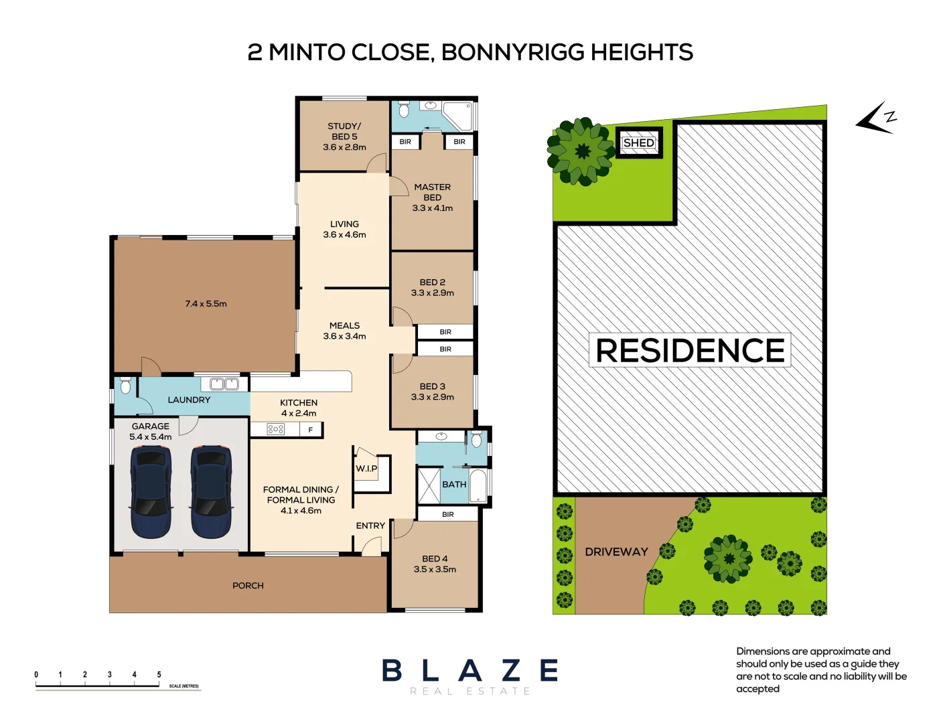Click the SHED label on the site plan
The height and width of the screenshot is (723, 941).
[638, 143]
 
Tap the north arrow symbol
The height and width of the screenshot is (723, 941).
[876, 118]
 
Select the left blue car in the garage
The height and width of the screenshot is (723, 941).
[151, 491]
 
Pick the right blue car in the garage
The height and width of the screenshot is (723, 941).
[212, 491]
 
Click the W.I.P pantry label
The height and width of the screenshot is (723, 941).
[366, 469]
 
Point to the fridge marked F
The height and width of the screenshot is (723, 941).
[311, 430]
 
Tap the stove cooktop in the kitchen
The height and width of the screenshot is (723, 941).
[275, 429]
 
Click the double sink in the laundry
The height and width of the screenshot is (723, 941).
[224, 384]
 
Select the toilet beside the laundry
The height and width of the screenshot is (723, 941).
[125, 386]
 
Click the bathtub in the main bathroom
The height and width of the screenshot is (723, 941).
[478, 485]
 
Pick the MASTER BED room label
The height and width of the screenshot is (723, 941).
[432, 192]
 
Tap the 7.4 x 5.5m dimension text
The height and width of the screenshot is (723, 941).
[206, 304]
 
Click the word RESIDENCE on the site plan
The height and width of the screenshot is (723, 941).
[690, 351]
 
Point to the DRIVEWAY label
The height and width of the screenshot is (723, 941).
[616, 552]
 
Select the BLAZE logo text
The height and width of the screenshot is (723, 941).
[470, 670]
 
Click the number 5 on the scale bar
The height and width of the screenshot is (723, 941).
[159, 675]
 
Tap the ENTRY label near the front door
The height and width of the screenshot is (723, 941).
[370, 526]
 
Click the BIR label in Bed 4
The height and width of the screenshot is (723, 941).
[448, 514]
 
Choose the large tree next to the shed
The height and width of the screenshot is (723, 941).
[581, 151]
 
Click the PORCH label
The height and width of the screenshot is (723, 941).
[248, 586]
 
